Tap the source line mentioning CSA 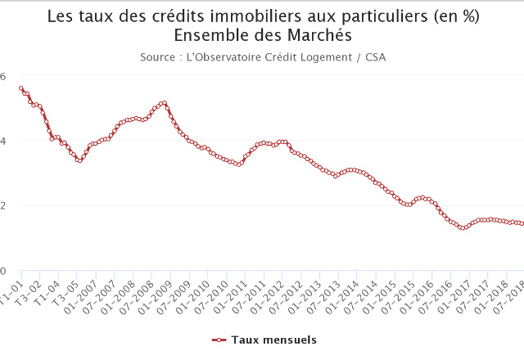pyautogui.click(x=263, y=57)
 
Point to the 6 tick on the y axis pyautogui.click(x=3, y=75)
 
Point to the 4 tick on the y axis pyautogui.click(x=3, y=141)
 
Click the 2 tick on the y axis pyautogui.click(x=3, y=205)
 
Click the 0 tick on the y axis pyautogui.click(x=3, y=271)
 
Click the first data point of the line pyautogui.click(x=20, y=88)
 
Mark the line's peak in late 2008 pyautogui.click(x=165, y=103)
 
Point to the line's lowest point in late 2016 pyautogui.click(x=463, y=228)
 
